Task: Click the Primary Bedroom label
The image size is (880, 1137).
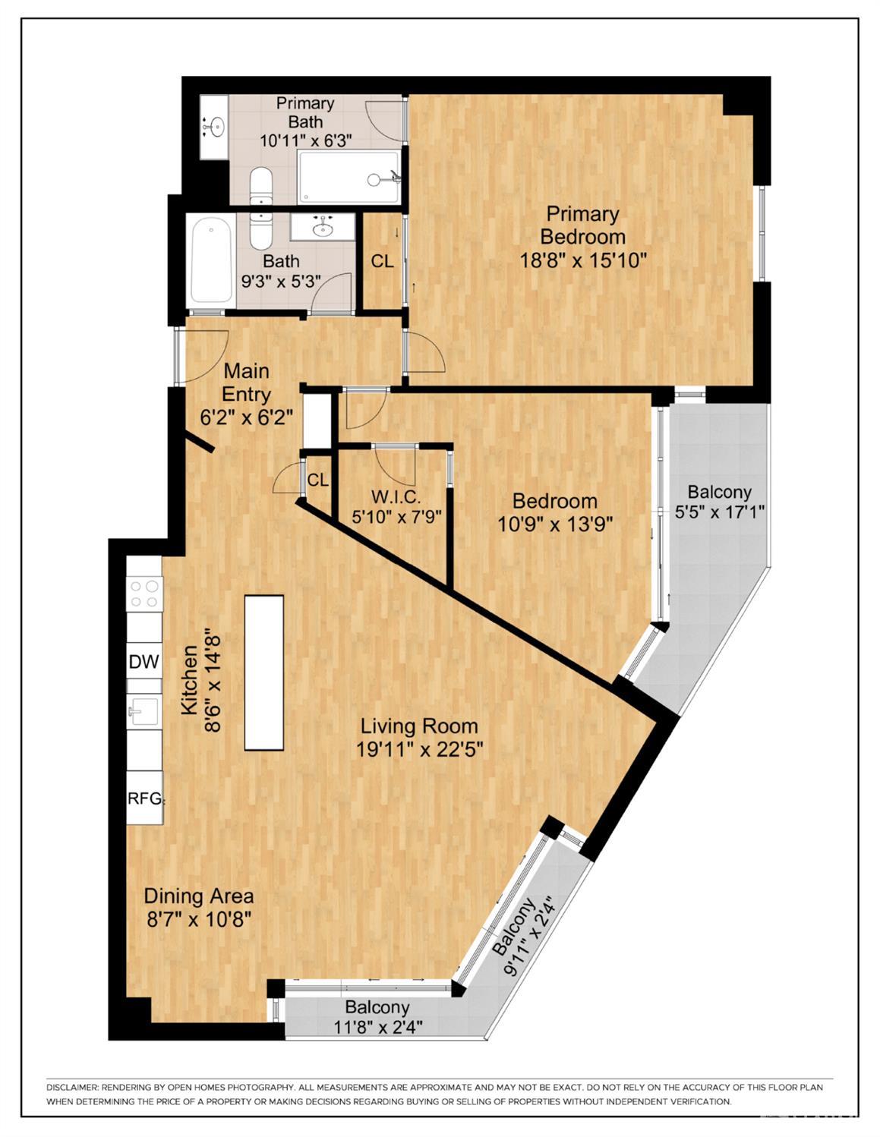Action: (x=582, y=225)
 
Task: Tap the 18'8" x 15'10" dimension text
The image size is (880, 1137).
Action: (x=582, y=260)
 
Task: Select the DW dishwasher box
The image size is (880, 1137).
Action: (x=144, y=661)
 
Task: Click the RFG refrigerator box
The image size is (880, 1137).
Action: (x=144, y=797)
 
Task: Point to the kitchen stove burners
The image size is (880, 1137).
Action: (x=144, y=593)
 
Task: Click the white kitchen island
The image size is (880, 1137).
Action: (x=263, y=672)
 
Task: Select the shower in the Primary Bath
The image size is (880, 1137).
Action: (x=348, y=177)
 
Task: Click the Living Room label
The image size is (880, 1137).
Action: (x=419, y=726)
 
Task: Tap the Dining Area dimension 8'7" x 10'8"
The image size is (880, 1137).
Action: (x=198, y=918)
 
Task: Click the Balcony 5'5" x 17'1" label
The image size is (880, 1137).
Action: (x=719, y=501)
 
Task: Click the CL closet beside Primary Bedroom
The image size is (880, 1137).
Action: (x=382, y=261)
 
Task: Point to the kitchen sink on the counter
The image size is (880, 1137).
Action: (x=144, y=711)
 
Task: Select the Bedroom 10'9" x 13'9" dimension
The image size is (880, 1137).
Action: (x=555, y=524)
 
